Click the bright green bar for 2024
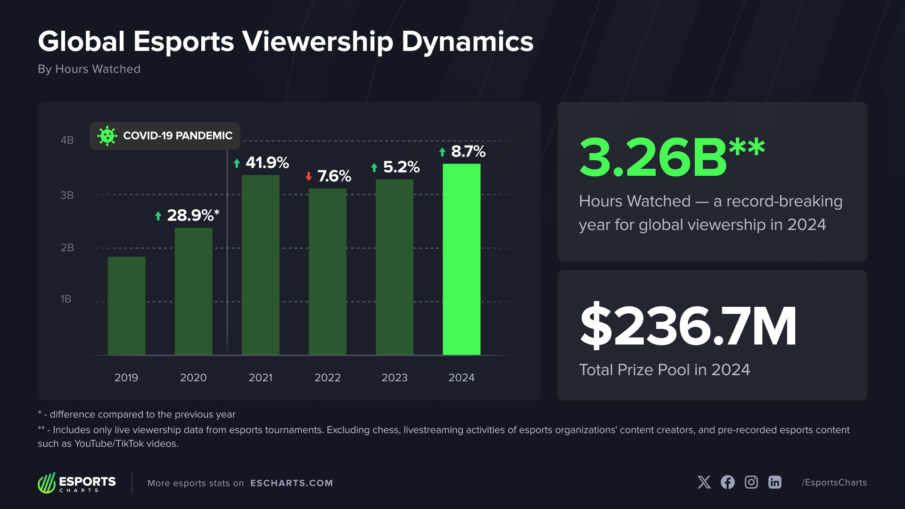[x=461, y=259]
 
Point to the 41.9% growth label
[x=267, y=163]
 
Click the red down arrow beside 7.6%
[x=309, y=176]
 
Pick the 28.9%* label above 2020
[x=192, y=215]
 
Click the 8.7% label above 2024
[x=468, y=151]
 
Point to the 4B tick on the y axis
[x=67, y=140]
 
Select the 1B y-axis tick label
[x=66, y=299]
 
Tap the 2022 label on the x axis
[x=327, y=378]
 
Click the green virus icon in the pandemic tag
[x=107, y=136]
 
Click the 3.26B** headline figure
[x=672, y=157]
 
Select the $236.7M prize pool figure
[x=688, y=326]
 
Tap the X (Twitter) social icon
[x=704, y=482]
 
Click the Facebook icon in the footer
[x=728, y=482]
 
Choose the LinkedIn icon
[x=775, y=482]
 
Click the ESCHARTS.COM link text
[x=291, y=483]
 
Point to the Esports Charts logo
[x=77, y=483]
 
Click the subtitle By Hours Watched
[x=89, y=69]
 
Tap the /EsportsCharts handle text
[x=834, y=482]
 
